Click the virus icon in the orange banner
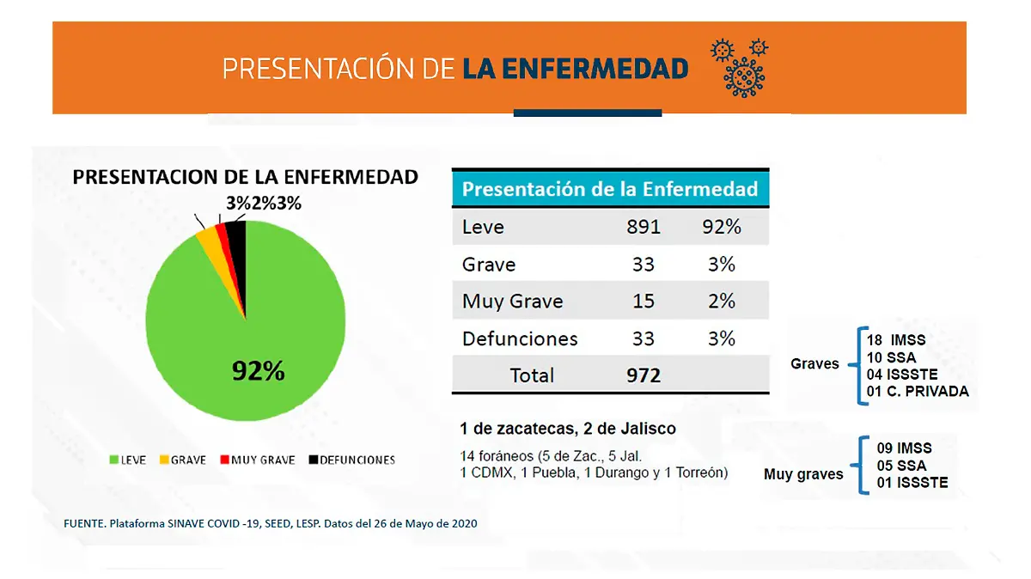pyautogui.click(x=739, y=67)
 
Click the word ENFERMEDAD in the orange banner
pyautogui.click(x=575, y=69)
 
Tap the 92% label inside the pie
pyautogui.click(x=258, y=371)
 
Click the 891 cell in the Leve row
pyautogui.click(x=644, y=227)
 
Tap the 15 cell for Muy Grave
pyautogui.click(x=644, y=301)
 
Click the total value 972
pyautogui.click(x=644, y=375)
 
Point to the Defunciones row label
pyautogui.click(x=520, y=338)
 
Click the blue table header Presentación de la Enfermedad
pyautogui.click(x=610, y=189)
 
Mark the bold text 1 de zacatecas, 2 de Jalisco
pyautogui.click(x=568, y=428)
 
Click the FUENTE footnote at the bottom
pyautogui.click(x=271, y=523)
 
